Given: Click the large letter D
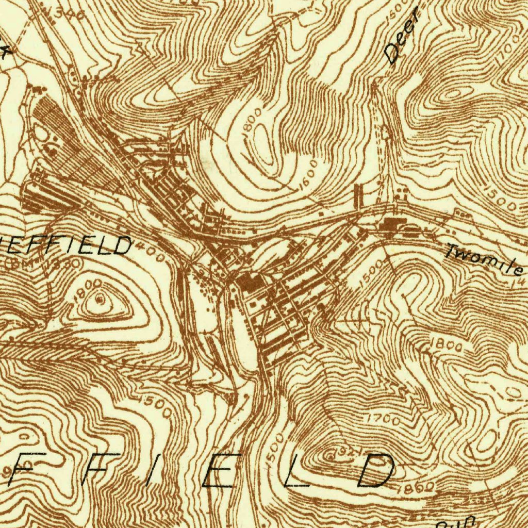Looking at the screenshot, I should click(x=375, y=471).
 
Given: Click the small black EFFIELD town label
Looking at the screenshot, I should click(x=67, y=245).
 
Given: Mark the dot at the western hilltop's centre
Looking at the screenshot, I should click(x=100, y=299).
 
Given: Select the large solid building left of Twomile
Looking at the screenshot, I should click(x=393, y=224).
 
